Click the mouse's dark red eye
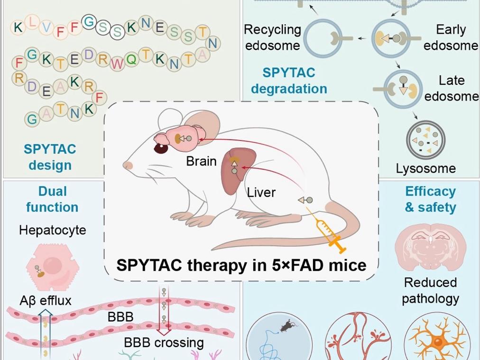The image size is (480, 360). point(160,149)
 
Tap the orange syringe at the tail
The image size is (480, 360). point(328,233)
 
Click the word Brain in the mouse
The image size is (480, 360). point(201,161)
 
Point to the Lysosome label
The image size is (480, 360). point(425,168)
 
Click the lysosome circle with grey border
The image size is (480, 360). point(425,142)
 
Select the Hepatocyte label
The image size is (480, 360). point(53,231)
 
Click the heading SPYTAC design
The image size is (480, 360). point(50,157)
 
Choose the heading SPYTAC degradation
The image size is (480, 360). point(289,81)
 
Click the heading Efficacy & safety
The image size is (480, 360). point(430,199)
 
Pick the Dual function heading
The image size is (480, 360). point(52,199)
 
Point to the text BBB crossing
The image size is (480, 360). point(164,342)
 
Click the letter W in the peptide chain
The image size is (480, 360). point(116,63)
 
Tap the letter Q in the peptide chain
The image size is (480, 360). point(131,59)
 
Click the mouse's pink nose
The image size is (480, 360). point(127,165)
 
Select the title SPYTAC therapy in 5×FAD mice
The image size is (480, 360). point(241,264)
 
